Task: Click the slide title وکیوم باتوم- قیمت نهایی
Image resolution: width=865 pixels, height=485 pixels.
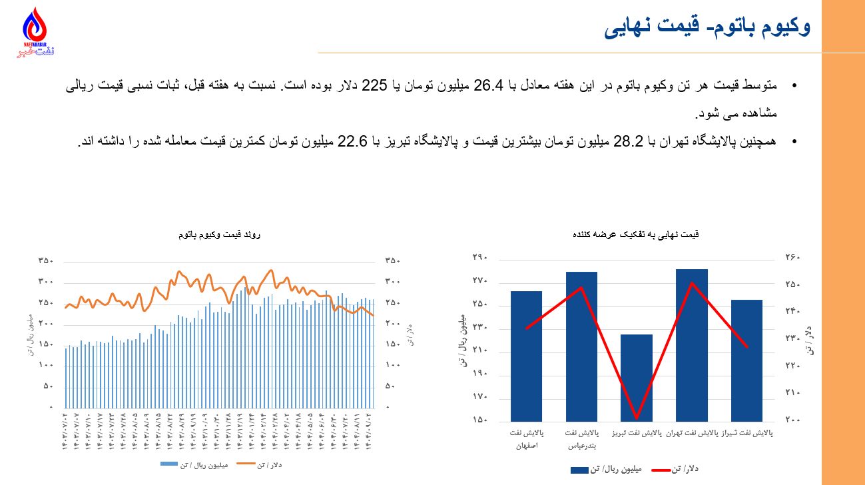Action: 707,27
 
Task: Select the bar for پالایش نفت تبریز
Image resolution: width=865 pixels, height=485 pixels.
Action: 637,377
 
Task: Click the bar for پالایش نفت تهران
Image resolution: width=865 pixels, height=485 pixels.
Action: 692,344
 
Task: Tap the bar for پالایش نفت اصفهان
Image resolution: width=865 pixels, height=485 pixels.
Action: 526,356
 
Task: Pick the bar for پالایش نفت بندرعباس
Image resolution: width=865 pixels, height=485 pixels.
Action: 581,346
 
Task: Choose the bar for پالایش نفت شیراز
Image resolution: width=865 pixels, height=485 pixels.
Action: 746,360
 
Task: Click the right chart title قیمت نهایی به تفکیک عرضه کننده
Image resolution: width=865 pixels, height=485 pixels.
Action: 636,235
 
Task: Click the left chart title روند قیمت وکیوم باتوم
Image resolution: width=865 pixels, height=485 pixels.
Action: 220,235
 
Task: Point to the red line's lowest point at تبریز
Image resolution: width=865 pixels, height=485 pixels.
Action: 637,418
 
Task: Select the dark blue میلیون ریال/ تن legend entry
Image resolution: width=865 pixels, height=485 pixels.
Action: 605,470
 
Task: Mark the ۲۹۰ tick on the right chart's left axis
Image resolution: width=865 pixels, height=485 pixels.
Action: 481,258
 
